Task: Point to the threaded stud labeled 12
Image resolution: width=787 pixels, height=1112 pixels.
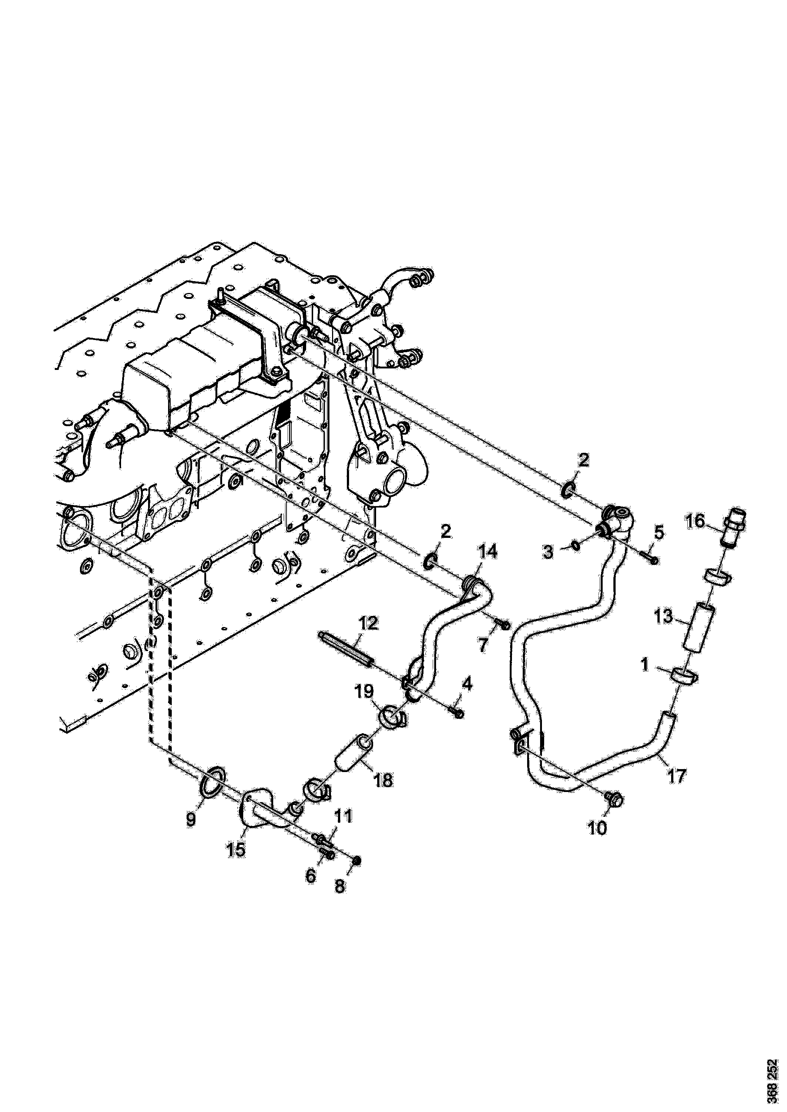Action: (x=346, y=649)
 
